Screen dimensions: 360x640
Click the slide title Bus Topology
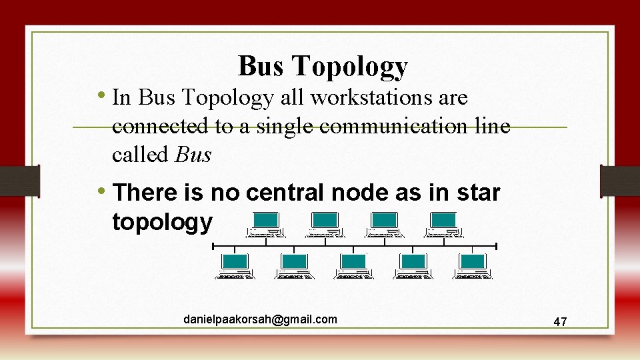click(x=323, y=66)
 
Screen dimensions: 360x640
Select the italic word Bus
click(x=193, y=155)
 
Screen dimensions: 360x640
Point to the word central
click(x=289, y=193)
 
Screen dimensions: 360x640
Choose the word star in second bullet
click(x=478, y=193)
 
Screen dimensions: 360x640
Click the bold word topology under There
click(x=163, y=221)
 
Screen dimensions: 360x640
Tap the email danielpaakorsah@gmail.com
click(x=260, y=320)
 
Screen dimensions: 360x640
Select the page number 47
click(x=560, y=322)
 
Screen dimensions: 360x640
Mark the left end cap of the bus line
click(x=213, y=247)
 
